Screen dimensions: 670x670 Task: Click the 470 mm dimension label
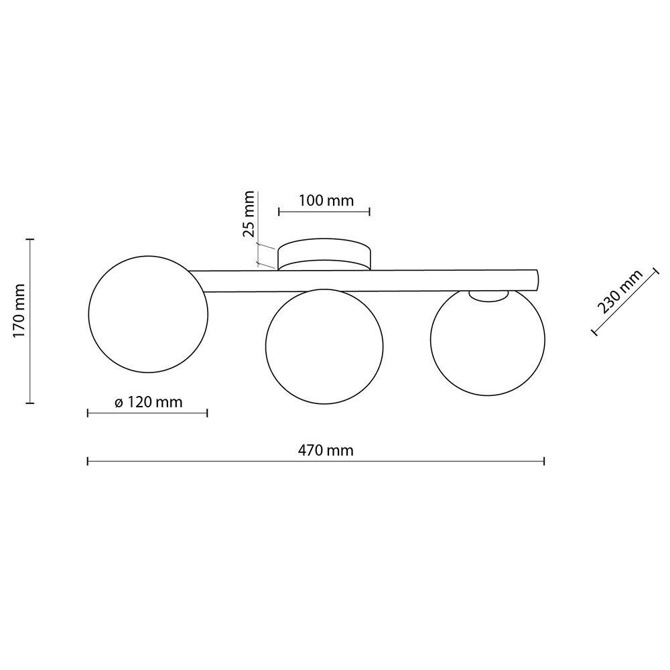point(326,450)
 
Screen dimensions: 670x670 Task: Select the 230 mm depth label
point(620,292)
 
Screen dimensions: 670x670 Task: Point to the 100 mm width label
point(326,200)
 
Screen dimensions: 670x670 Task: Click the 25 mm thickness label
point(249,214)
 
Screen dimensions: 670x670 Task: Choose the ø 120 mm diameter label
point(149,402)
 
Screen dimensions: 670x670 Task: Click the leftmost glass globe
point(148,314)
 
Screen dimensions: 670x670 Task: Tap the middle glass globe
point(324,346)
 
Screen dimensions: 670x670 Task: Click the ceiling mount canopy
point(324,254)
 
